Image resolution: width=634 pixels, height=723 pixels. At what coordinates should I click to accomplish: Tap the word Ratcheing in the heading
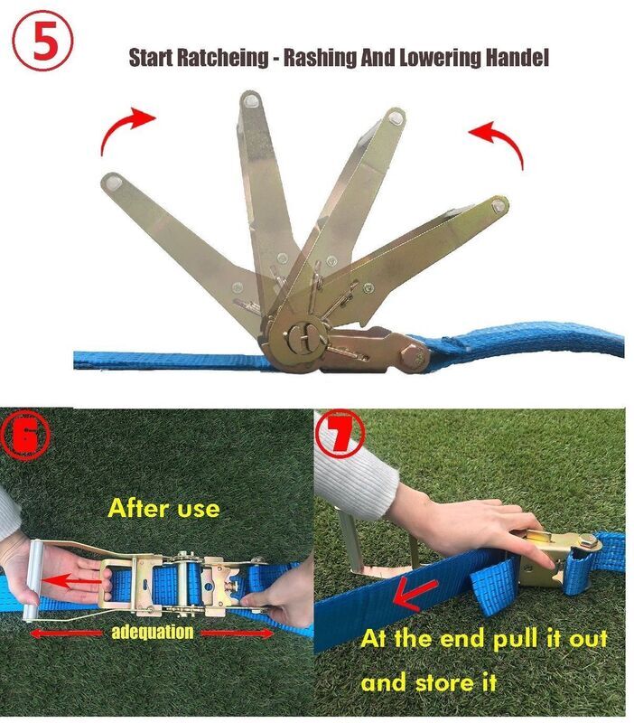coord(222,58)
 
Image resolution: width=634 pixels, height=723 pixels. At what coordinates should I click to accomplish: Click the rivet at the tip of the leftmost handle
coord(111,183)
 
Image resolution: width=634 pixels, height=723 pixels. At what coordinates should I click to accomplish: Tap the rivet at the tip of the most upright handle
coord(251,100)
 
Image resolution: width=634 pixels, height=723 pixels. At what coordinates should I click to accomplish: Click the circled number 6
coord(25,435)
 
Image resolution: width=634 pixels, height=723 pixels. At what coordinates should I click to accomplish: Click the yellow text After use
coord(163,509)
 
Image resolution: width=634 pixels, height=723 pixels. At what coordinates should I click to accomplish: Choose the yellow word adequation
coord(153,632)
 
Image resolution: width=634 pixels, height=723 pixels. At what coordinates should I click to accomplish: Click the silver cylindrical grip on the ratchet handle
coord(33,580)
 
